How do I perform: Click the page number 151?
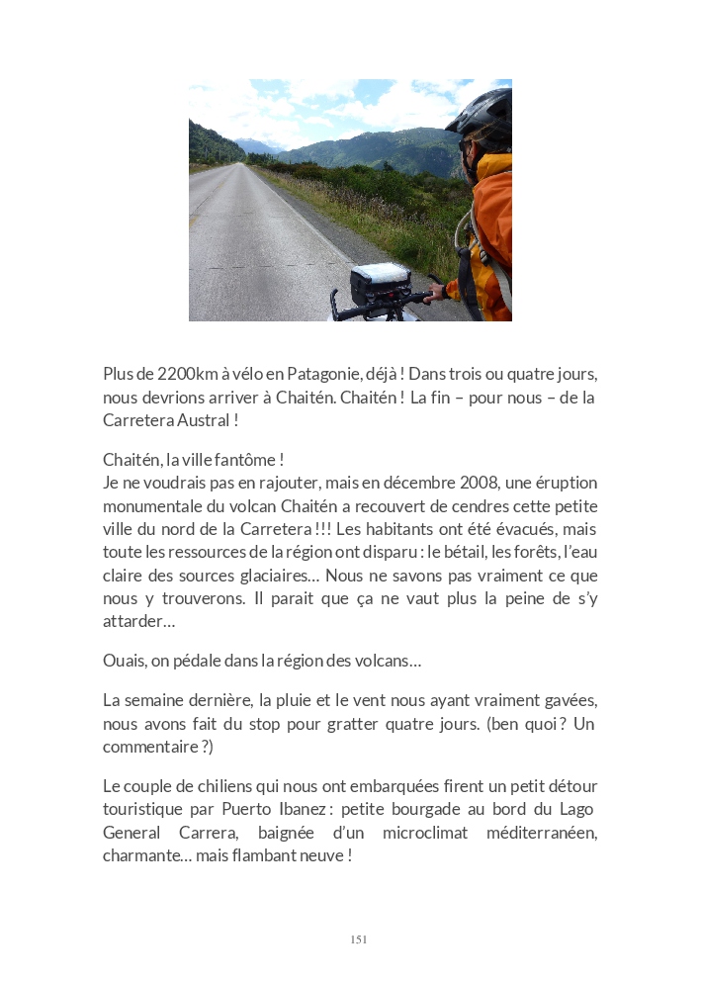coord(359,939)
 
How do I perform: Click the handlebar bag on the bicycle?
coord(381,283)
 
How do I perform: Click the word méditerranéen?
coord(542,833)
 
